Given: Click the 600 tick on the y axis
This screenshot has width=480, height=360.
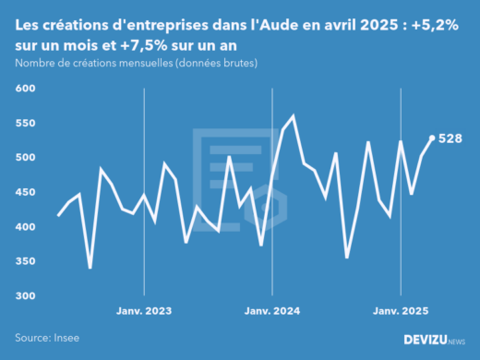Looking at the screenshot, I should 24,89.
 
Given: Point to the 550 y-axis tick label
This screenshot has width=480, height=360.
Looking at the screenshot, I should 24,123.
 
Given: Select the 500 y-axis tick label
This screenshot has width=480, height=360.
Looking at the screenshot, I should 24,158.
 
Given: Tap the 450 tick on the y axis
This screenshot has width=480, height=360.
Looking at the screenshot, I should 24,192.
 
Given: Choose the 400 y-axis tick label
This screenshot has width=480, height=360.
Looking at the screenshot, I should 24,227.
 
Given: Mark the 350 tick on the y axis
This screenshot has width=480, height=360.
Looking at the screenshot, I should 24,261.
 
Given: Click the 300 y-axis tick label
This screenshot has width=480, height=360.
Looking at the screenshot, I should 24,296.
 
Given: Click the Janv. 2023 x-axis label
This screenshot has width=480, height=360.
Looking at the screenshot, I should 145,311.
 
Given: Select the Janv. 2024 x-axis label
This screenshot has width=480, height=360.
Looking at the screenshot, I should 272,311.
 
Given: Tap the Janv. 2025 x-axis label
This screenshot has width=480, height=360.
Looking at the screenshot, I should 400,311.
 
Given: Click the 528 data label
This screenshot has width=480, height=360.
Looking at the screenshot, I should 450,138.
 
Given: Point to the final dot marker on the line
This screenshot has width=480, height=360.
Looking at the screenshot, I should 432,138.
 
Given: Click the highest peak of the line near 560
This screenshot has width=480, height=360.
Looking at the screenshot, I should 293,116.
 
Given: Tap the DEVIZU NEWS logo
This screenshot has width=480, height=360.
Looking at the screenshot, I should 434,340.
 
